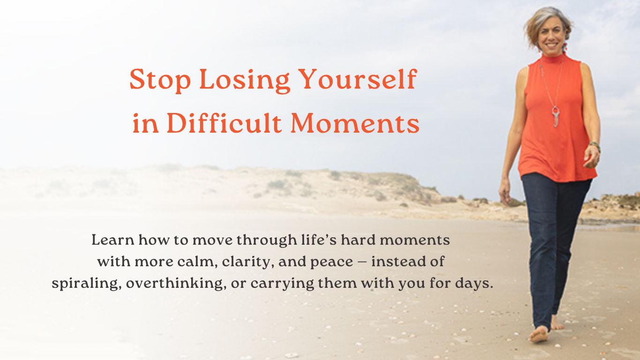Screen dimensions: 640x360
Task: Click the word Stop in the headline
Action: [x=160, y=80]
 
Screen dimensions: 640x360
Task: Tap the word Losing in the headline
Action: [x=245, y=81]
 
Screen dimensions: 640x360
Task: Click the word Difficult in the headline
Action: [x=224, y=122]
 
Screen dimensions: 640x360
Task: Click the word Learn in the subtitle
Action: [x=113, y=240]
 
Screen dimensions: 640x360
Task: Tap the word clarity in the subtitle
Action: [x=246, y=262]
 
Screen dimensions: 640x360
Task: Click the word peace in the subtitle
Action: [x=332, y=262]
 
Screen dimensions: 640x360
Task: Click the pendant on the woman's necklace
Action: [x=556, y=116]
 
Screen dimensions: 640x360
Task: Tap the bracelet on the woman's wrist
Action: [x=595, y=145]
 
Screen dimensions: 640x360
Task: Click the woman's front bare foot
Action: [x=539, y=334]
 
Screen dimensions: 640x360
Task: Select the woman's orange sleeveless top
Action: [x=557, y=120]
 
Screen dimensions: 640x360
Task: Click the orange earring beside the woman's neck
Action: [x=565, y=47]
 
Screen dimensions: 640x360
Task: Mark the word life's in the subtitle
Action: [x=319, y=240]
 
